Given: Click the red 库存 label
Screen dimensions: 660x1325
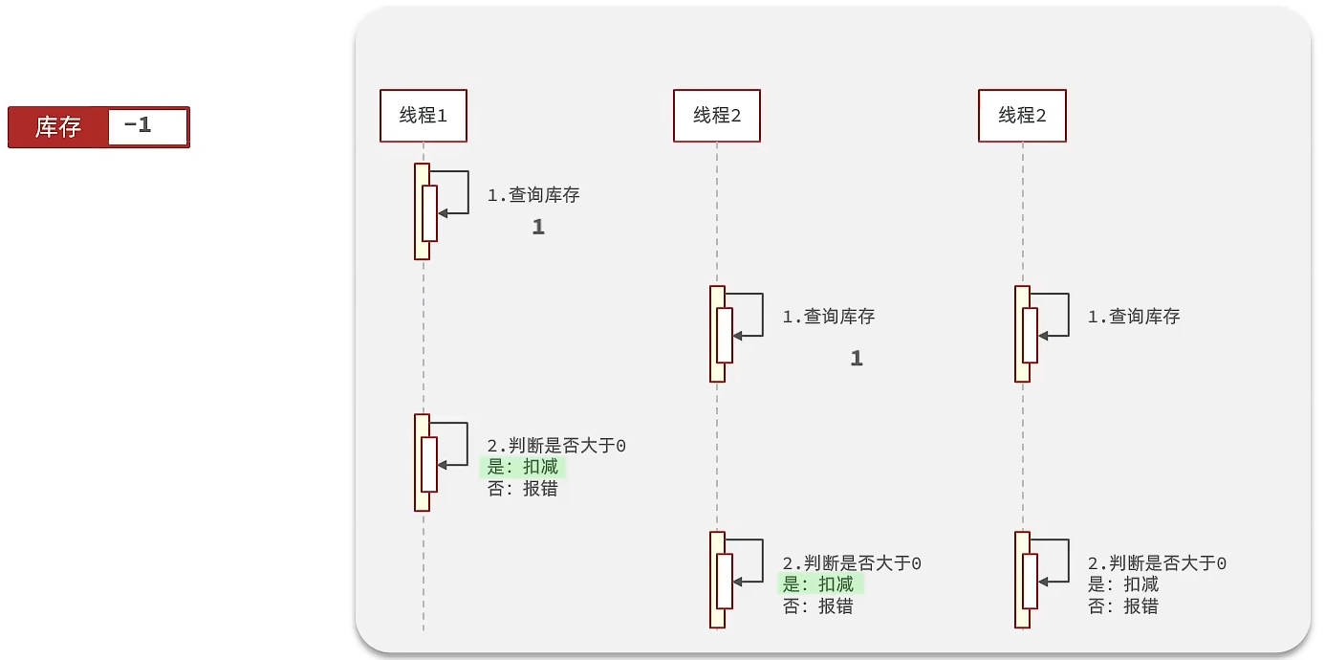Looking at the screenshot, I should click(58, 127).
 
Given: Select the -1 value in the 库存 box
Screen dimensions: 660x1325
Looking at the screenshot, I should click(140, 125).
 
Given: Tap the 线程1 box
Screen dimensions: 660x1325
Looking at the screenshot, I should click(423, 116).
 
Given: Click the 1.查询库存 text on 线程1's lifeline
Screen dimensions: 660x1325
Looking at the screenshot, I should click(533, 195).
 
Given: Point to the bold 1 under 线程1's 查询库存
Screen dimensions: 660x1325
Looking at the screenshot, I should click(538, 228).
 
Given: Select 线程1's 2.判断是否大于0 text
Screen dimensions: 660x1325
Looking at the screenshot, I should click(556, 446).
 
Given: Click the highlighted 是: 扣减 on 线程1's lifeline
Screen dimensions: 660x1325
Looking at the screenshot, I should click(523, 467).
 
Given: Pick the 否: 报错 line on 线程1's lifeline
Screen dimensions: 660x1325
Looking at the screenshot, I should click(523, 489).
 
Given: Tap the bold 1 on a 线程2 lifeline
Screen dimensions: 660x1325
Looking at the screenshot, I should click(857, 359).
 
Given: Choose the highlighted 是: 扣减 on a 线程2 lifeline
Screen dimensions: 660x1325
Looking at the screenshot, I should click(818, 584).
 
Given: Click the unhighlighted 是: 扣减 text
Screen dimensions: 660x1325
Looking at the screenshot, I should click(1123, 584).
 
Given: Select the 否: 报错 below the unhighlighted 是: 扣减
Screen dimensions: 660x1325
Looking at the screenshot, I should click(1123, 605).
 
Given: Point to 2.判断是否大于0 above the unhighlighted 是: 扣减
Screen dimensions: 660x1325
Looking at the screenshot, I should click(1157, 564).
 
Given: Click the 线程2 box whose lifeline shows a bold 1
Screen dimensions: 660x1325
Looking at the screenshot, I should click(716, 116).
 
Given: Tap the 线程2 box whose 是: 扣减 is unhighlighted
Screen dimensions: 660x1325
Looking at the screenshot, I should click(1022, 116).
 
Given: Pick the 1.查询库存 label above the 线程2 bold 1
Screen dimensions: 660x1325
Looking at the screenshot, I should click(829, 317).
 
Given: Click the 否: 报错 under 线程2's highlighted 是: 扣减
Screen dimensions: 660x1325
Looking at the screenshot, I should click(818, 606).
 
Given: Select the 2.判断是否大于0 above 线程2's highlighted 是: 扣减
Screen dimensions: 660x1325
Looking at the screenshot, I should click(852, 564).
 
